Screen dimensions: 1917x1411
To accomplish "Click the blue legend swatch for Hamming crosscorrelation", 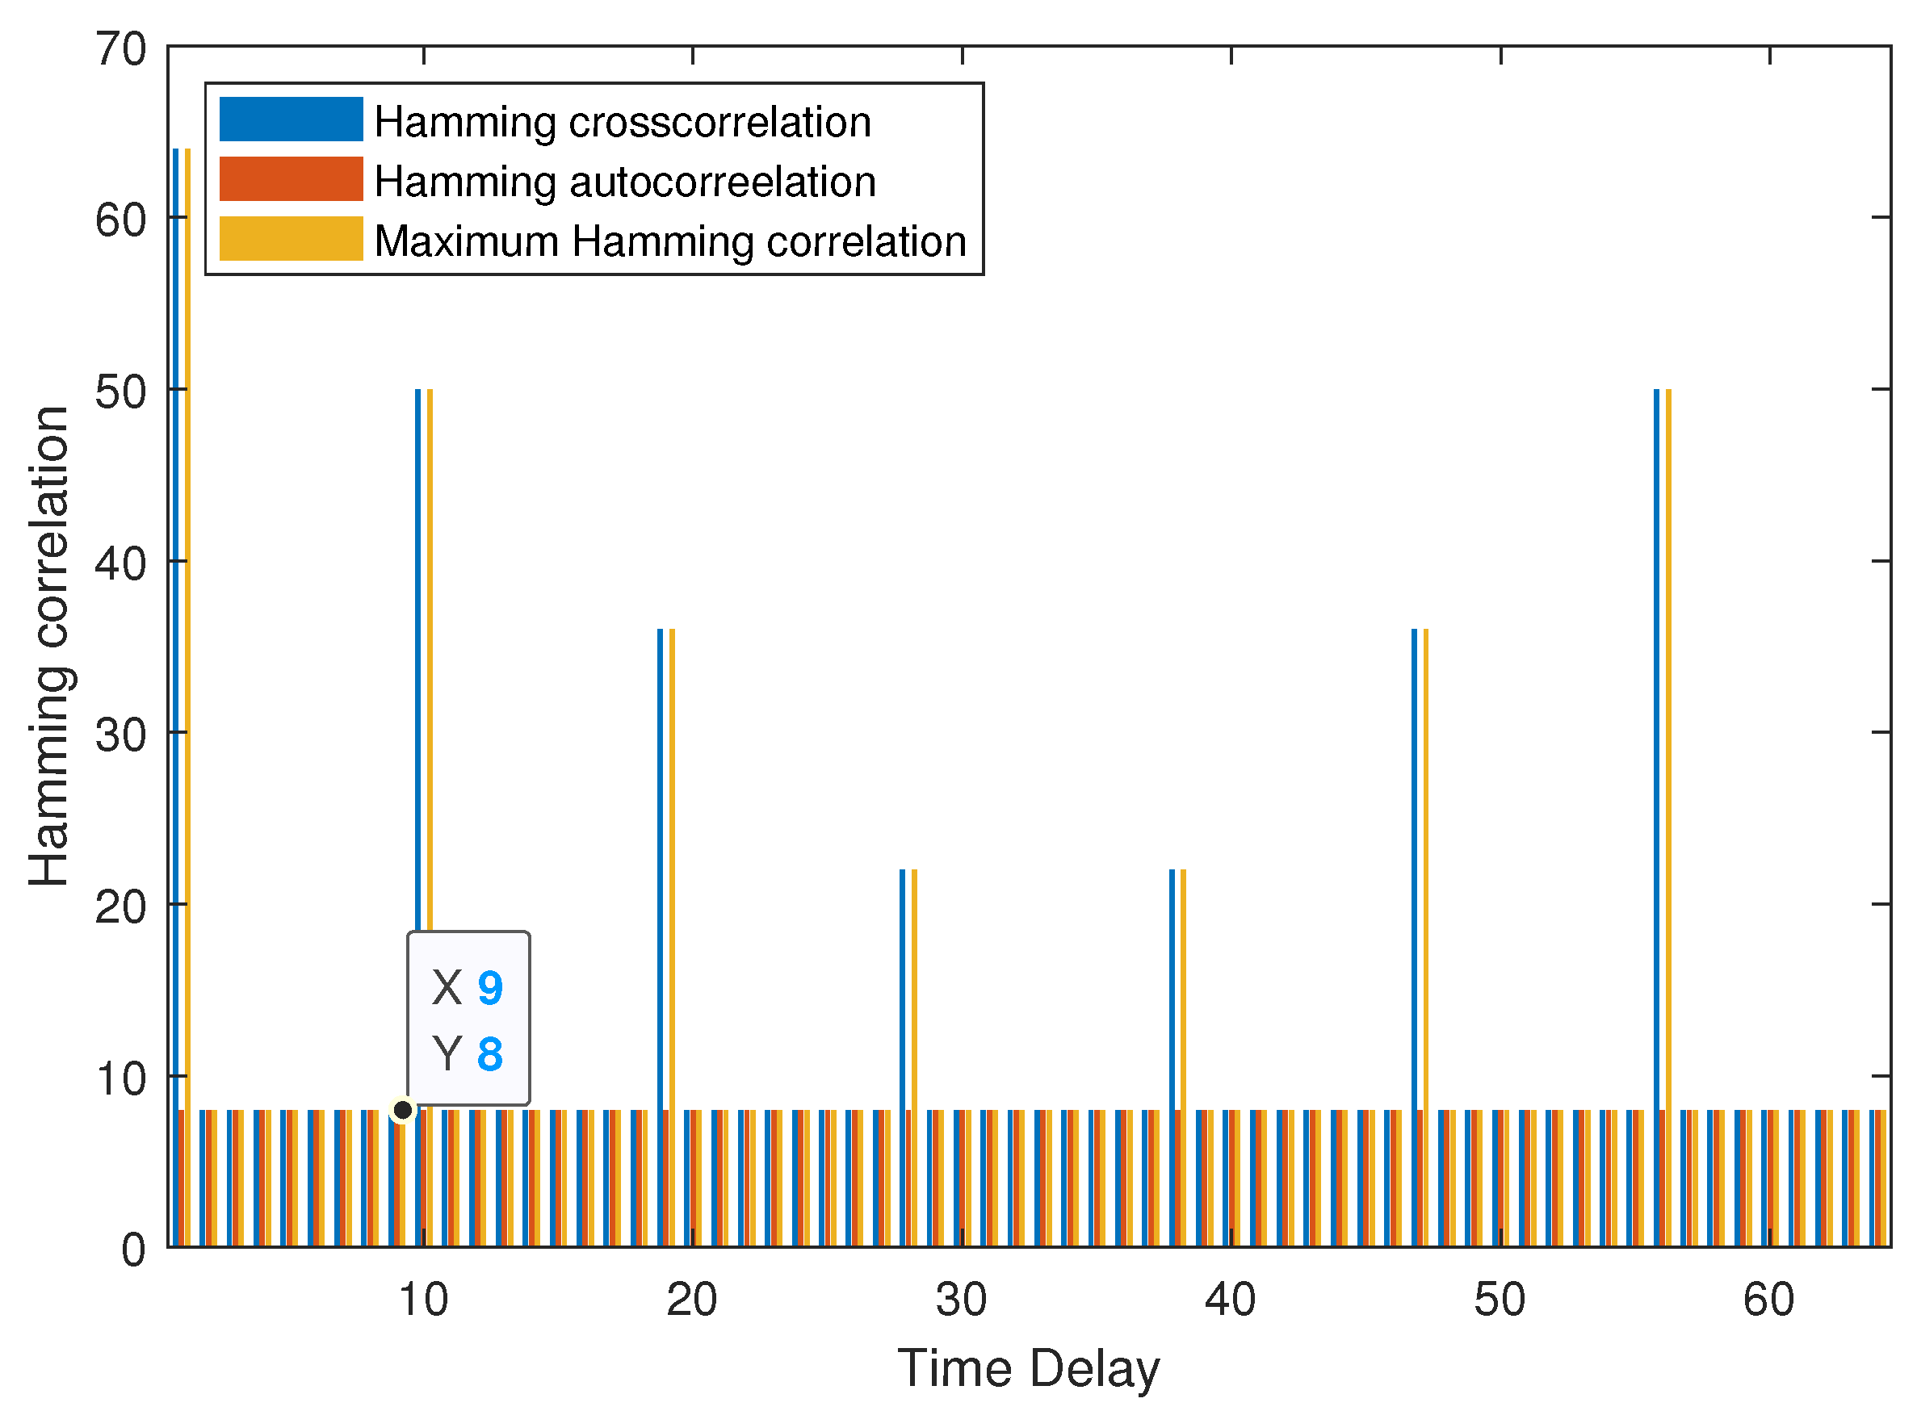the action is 291,119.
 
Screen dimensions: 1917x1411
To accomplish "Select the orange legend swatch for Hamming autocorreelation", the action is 291,178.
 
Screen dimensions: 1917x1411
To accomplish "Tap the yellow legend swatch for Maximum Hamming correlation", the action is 291,238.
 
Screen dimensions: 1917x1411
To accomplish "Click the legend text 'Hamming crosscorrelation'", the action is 623,122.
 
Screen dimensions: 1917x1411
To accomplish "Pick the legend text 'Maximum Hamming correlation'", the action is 670,241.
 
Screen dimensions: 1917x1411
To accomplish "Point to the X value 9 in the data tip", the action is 489,988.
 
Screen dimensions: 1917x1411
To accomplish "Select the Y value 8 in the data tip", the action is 489,1054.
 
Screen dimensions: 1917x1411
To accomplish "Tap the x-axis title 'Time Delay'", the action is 1029,1367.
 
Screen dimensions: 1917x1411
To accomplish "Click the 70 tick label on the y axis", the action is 120,48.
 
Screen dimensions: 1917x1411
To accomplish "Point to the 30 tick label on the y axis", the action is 120,735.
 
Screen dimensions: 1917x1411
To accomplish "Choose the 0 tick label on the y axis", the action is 133,1250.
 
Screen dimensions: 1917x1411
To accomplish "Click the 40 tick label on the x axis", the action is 1230,1300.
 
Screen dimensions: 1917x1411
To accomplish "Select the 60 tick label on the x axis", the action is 1768,1300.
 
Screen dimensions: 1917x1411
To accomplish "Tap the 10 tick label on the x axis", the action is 423,1300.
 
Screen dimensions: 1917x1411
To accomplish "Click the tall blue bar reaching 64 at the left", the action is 175,697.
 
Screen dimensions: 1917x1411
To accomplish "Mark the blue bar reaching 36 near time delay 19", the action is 661,937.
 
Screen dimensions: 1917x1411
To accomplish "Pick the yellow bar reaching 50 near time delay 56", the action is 1668,818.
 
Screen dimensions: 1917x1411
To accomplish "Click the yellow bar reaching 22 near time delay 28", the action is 914,1057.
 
